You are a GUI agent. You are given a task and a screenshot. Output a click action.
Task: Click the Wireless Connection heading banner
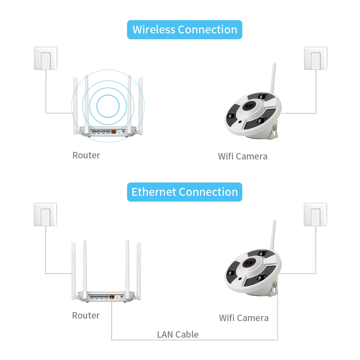point(185,30)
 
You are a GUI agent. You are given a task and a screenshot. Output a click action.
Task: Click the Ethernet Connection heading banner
point(185,192)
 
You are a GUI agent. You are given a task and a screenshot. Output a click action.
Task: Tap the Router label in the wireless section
point(86,155)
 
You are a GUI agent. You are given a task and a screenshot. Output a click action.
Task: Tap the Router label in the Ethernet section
point(86,315)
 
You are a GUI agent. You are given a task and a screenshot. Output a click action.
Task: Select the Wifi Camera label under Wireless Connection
point(243,156)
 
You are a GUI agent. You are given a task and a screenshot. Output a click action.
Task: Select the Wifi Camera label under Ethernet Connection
point(244,318)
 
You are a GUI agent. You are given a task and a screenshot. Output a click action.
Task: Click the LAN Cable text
point(178,334)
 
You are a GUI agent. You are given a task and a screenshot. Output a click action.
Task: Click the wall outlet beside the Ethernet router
point(45,215)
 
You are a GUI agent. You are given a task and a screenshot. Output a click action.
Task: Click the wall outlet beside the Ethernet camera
point(315,215)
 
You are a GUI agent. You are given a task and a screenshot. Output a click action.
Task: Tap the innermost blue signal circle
point(108,106)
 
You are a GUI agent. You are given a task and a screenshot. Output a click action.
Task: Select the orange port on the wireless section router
point(114,131)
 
